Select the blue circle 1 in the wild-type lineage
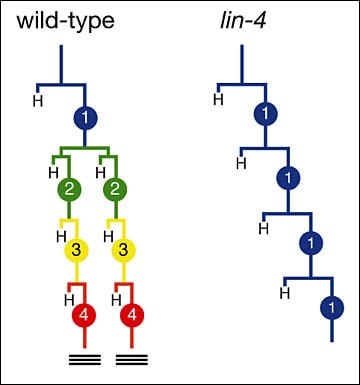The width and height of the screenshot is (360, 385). [86, 119]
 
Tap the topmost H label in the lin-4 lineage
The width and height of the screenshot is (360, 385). [219, 96]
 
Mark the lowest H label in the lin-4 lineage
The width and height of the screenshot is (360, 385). [284, 292]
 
